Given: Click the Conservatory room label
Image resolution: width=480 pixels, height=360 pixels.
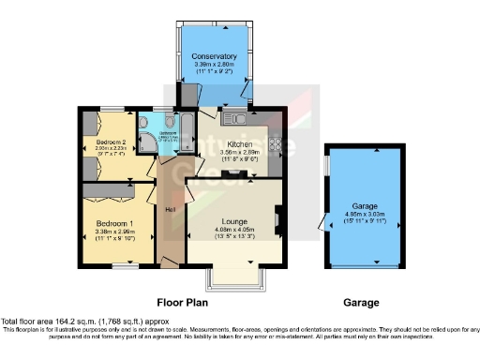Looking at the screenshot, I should pos(216,56).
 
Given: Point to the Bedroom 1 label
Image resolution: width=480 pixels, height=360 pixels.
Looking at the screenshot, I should pos(114,223).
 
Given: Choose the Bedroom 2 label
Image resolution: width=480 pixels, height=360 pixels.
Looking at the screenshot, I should pos(112,140).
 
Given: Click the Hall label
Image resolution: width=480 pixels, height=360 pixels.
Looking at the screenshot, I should pos(171,208).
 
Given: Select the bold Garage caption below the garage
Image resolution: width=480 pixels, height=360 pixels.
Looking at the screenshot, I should pos(361,303).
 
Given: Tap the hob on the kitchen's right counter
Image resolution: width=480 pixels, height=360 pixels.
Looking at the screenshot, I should pos(275,144).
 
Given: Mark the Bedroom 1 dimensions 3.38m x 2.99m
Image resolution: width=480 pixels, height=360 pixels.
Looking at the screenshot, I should pos(114,232).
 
